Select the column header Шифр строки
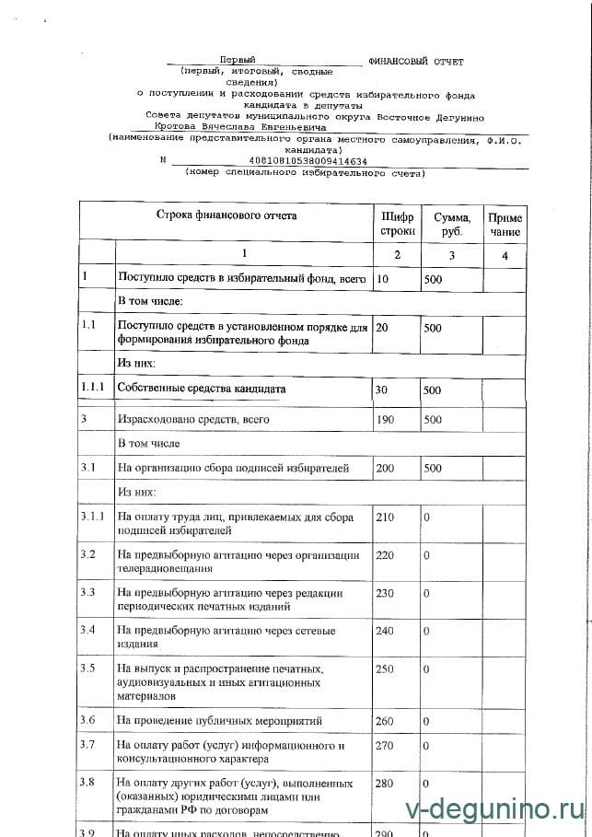398,224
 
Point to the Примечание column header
505,224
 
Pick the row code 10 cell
384,278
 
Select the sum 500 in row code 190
433,420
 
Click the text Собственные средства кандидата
202,389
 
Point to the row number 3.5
89,668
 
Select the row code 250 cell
386,668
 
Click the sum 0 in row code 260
426,721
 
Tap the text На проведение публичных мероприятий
218,721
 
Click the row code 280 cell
386,783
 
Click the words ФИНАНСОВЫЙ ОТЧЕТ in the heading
416,61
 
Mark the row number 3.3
88,592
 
